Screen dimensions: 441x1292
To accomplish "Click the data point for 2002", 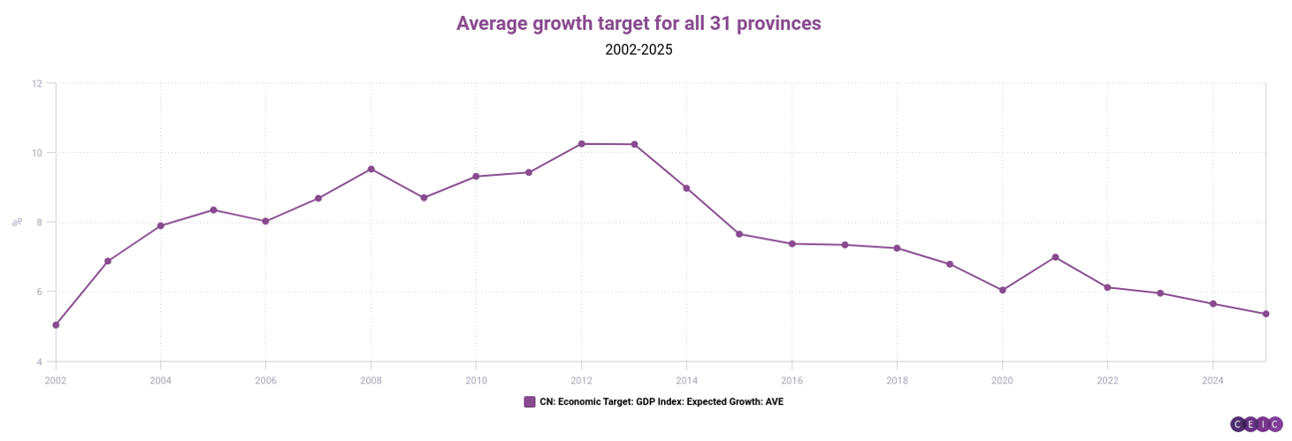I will (x=56, y=325).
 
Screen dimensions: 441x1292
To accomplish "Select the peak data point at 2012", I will (x=581, y=144).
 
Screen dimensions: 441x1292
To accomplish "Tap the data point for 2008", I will (x=371, y=169).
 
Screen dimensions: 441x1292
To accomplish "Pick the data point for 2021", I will (x=1055, y=257).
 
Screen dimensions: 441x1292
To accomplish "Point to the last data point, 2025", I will (x=1265, y=314).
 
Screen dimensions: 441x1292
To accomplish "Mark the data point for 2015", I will (x=739, y=234).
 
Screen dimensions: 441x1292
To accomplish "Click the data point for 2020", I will (x=1002, y=290).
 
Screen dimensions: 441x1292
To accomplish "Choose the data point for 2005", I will (x=213, y=209).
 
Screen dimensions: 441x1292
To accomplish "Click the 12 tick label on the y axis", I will (x=36, y=84).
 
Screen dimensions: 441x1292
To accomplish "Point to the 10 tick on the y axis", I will (x=36, y=153).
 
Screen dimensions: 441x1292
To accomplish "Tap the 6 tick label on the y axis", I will (x=38, y=293).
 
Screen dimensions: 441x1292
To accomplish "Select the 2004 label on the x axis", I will (x=160, y=381).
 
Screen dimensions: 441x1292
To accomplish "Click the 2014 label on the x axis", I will (x=686, y=381).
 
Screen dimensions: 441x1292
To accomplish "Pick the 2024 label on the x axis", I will (x=1212, y=381).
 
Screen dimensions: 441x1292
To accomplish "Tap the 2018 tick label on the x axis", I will (x=897, y=381).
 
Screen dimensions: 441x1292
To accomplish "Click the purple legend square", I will (x=530, y=402).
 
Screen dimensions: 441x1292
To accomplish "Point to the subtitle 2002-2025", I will (x=638, y=50).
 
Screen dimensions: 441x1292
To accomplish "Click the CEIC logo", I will (x=1256, y=424).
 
